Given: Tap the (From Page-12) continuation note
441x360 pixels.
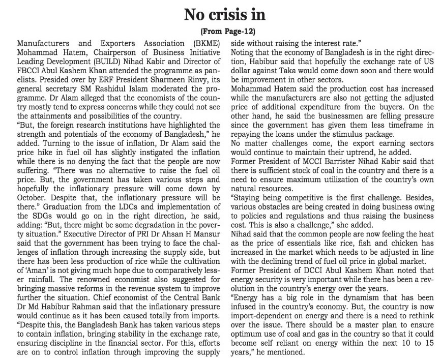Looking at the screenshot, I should [x=220, y=31].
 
